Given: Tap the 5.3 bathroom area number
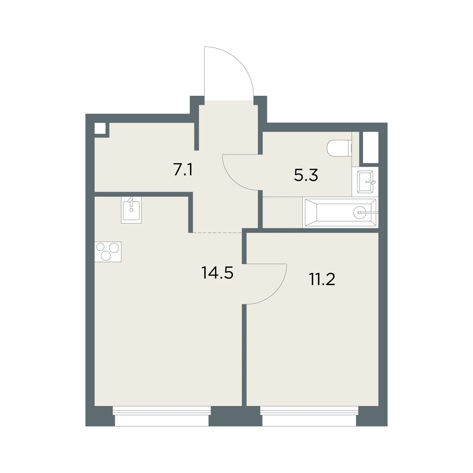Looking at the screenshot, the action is pyautogui.click(x=306, y=175).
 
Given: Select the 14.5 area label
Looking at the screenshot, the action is pyautogui.click(x=217, y=273).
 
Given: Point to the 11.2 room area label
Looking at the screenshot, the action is pyautogui.click(x=322, y=279).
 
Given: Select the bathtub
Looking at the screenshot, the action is pyautogui.click(x=341, y=212).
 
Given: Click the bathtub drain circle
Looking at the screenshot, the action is pyautogui.click(x=359, y=212).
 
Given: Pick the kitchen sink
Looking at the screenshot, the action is pyautogui.click(x=131, y=210).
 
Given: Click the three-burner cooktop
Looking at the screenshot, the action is pyautogui.click(x=108, y=252).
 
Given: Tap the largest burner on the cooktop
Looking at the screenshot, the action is pyautogui.click(x=114, y=248).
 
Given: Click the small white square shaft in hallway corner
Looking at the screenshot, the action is pyautogui.click(x=100, y=128).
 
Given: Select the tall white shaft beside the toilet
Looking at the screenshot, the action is pyautogui.click(x=371, y=147).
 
